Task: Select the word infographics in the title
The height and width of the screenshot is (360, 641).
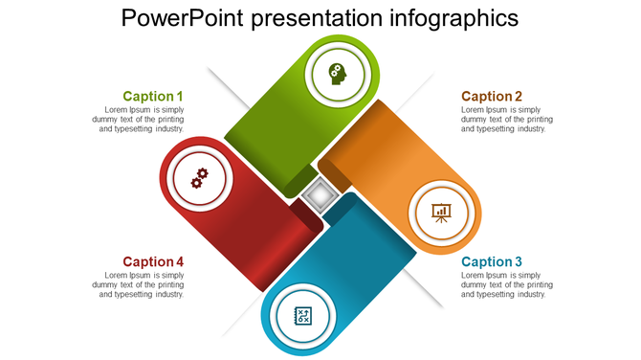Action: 457,18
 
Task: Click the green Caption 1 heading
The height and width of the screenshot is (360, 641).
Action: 152,96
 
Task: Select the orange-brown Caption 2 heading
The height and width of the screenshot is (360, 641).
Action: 492,96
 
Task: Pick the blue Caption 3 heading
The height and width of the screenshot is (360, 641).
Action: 492,261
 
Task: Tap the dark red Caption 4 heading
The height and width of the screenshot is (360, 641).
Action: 152,261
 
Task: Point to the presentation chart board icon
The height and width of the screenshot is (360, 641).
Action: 441,212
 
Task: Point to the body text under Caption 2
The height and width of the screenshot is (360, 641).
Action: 504,119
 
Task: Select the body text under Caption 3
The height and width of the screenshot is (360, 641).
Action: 504,284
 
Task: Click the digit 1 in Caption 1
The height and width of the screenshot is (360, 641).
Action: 179,96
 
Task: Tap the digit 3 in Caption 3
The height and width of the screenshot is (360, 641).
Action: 519,261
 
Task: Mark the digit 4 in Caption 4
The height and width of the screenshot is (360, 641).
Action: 179,261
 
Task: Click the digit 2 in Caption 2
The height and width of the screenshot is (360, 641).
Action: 519,96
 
